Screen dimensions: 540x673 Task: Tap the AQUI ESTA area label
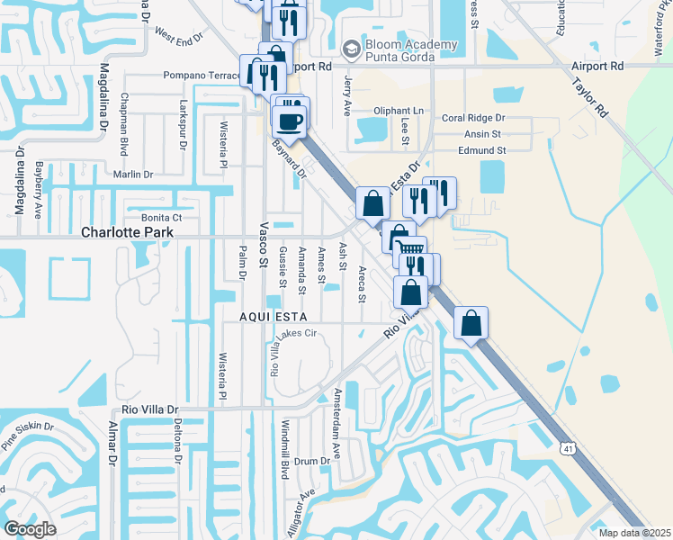(274, 317)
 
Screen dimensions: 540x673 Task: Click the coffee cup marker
(290, 120)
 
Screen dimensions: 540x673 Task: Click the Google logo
(30, 528)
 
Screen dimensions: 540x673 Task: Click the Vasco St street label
(265, 247)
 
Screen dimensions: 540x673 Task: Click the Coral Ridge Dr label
(473, 118)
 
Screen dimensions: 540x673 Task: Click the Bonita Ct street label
(162, 218)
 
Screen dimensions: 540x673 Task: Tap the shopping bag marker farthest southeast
(470, 322)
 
